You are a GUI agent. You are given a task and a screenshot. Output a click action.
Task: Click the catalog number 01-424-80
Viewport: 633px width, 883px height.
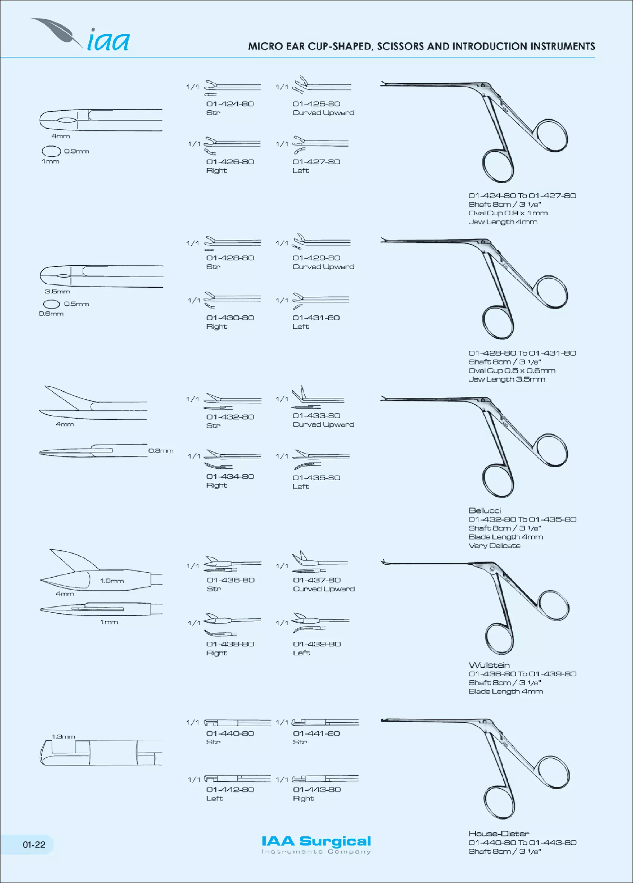coord(230,104)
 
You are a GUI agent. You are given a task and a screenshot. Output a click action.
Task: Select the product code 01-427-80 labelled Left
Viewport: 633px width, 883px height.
coord(316,162)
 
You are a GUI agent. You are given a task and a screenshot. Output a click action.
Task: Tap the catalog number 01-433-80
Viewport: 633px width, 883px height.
coord(316,416)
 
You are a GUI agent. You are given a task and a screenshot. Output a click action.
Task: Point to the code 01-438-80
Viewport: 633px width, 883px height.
coord(230,644)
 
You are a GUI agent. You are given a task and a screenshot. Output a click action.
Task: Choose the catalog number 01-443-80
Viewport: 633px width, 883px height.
coord(316,790)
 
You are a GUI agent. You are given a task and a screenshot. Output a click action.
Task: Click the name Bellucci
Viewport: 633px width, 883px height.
coord(485,510)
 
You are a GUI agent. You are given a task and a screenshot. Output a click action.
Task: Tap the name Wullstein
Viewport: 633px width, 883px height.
coord(489,665)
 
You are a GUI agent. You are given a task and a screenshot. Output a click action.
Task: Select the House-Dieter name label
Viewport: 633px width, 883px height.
coord(499,834)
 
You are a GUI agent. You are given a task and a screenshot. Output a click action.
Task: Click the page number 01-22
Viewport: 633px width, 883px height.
coord(34,844)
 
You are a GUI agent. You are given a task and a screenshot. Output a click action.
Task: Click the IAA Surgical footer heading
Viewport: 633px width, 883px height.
coord(316,841)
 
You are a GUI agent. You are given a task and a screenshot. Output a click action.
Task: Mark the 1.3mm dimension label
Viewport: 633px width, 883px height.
coord(63,737)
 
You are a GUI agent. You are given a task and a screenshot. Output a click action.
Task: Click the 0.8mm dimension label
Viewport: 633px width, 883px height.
coord(161,451)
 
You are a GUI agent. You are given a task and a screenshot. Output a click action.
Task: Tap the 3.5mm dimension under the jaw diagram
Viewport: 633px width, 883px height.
coord(57,292)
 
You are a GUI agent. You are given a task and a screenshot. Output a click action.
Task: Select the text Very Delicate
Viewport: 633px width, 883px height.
coord(495,546)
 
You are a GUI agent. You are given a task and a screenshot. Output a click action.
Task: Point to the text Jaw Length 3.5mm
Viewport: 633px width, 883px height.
coord(507,379)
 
